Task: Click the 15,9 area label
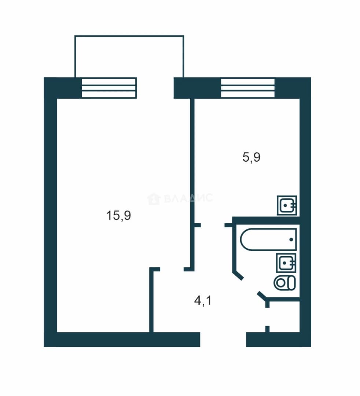[119, 216]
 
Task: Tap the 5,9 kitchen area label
[251, 157]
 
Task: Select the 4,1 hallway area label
[203, 301]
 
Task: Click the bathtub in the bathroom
[268, 239]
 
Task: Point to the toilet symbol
[284, 283]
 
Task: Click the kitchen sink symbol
[287, 205]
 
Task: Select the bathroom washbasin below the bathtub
[286, 263]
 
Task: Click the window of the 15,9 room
[109, 88]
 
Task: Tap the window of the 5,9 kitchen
[248, 88]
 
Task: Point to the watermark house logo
[154, 199]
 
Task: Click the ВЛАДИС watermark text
[188, 198]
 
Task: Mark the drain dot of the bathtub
[291, 239]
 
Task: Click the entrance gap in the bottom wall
[223, 340]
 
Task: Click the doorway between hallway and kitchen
[213, 225]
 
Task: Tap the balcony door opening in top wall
[155, 88]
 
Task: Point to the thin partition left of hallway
[151, 300]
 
